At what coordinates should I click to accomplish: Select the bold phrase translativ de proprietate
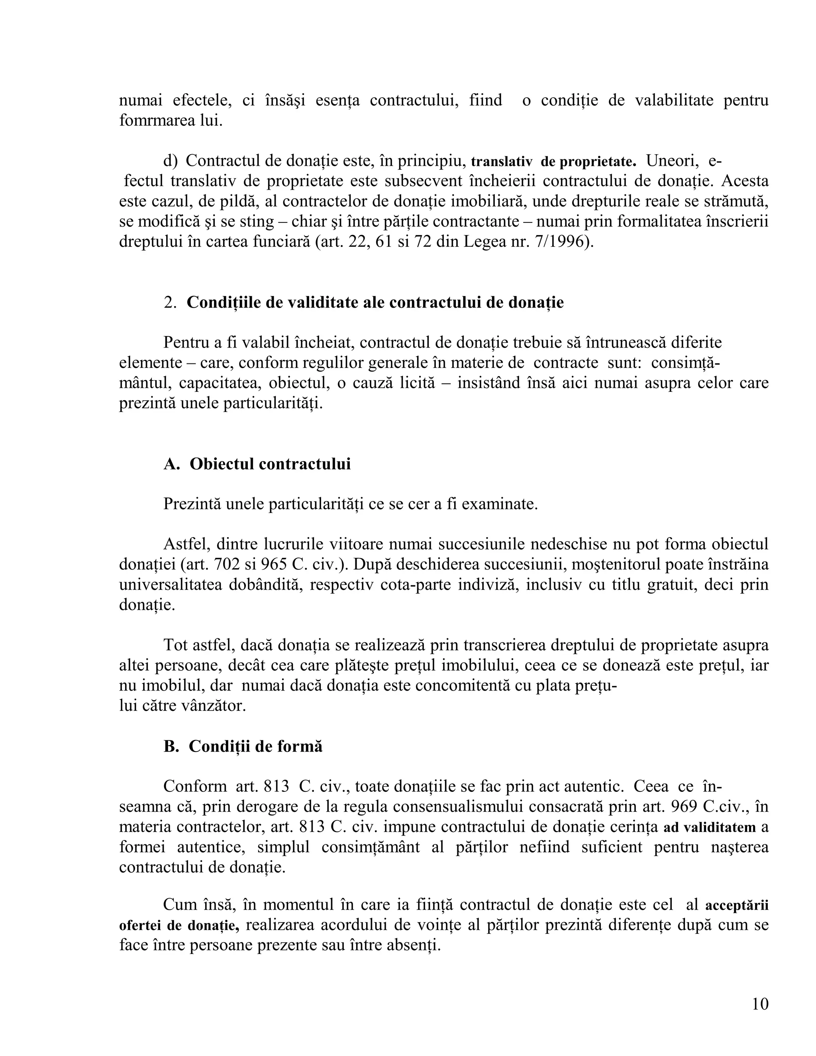coord(553,161)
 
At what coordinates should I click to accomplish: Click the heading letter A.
coord(171,464)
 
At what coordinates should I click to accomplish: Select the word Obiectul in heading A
coord(222,464)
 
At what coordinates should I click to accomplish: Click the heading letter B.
coord(171,746)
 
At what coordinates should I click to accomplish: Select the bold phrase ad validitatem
coord(709,827)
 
